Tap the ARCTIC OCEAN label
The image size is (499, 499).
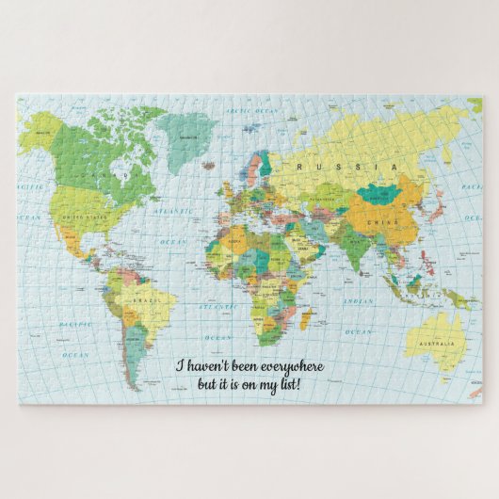[251, 111]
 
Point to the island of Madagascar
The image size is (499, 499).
[306, 320]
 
